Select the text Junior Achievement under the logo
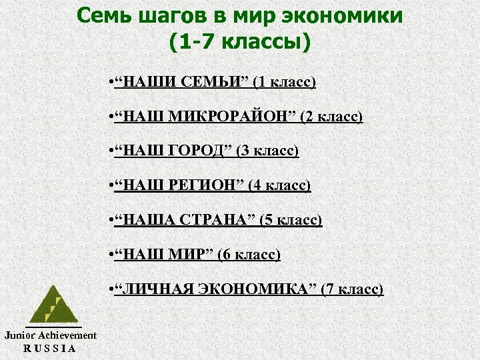tap(51, 335)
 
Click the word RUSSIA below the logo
tap(50, 348)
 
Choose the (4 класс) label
tap(279, 185)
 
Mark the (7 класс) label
tap(353, 289)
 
